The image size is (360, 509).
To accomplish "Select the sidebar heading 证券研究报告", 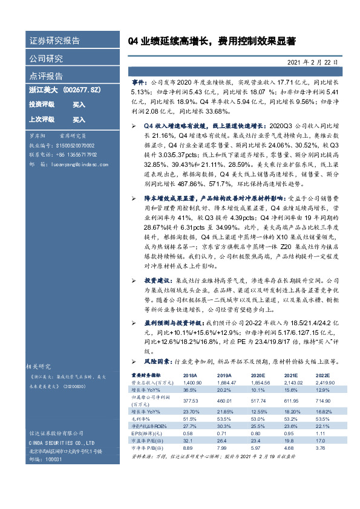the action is coord(54,41).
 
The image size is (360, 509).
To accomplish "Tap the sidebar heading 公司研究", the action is coord(46,59).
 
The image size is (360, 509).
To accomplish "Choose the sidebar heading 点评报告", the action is coord(46,76).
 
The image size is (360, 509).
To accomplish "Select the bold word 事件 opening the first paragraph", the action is coord(139,80).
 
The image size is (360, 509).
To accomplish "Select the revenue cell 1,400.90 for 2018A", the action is coord(192,383).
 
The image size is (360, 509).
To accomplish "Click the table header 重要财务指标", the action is coord(146,375).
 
